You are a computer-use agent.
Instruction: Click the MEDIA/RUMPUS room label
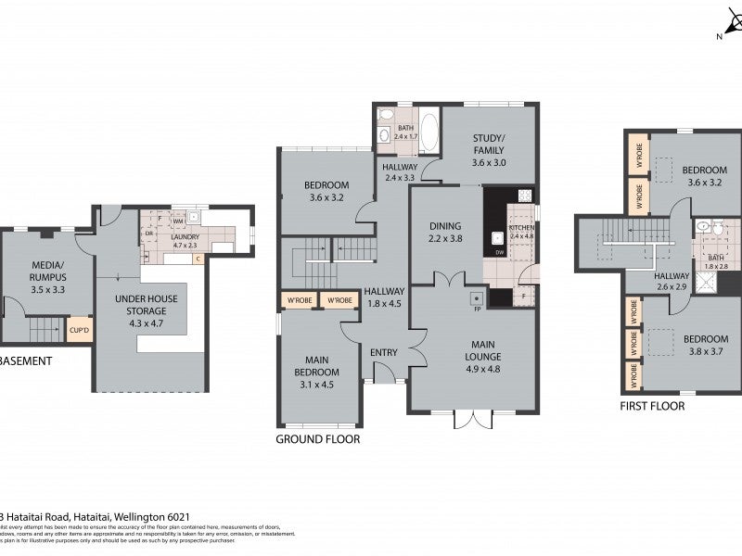click(47, 270)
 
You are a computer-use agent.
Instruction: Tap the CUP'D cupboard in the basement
click(79, 329)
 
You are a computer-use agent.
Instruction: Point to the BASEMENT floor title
click(24, 362)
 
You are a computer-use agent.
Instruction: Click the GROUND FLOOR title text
click(318, 438)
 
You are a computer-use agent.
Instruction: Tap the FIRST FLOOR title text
click(652, 406)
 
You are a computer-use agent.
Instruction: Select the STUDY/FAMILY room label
click(488, 156)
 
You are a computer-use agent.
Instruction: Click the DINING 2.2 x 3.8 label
click(444, 232)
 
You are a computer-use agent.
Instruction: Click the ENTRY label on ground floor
click(383, 352)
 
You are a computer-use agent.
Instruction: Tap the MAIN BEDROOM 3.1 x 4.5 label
click(318, 367)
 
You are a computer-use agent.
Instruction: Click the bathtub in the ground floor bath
click(429, 129)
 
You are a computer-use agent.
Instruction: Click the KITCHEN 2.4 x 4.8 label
click(521, 231)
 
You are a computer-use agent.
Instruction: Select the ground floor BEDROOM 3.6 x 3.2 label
click(326, 190)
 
